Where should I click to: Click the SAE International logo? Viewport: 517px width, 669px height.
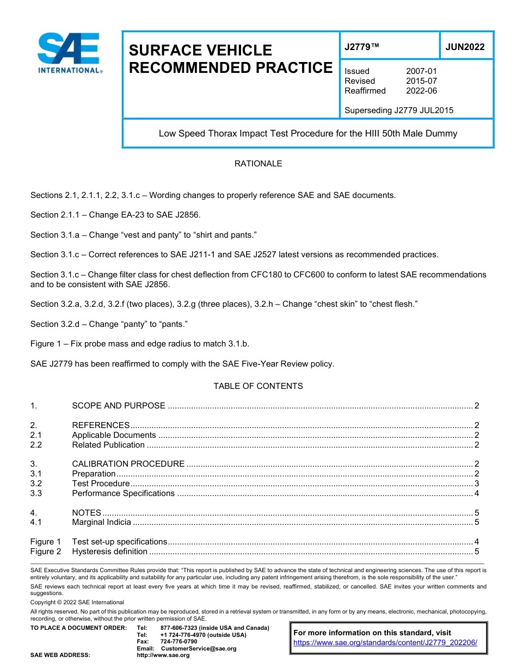(69, 53)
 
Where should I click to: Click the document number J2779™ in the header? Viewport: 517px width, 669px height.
(361, 47)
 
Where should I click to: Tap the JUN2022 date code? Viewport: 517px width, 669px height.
(465, 47)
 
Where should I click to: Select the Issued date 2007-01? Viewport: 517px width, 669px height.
(421, 71)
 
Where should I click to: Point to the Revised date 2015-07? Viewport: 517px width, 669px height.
(421, 81)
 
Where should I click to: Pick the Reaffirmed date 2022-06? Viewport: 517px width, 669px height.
(421, 91)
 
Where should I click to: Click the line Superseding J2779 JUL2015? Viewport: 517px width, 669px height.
(399, 110)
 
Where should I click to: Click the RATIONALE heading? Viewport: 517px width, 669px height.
(258, 164)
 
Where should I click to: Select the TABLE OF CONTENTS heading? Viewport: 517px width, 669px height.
(258, 386)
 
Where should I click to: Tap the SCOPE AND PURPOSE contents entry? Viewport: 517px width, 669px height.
(119, 406)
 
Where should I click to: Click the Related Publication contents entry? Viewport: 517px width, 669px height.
(108, 445)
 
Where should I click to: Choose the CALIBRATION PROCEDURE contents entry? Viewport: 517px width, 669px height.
(128, 464)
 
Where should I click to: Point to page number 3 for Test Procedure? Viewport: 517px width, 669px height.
(477, 484)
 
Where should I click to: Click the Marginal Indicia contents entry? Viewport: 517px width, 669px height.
(102, 523)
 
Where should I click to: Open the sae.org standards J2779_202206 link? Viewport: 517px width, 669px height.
(385, 642)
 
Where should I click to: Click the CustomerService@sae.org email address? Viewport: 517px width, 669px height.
(199, 648)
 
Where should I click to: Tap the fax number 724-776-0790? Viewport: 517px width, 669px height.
(179, 642)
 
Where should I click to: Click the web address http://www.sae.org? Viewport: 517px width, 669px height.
(163, 655)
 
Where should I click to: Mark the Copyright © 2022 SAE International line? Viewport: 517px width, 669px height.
(77, 602)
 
